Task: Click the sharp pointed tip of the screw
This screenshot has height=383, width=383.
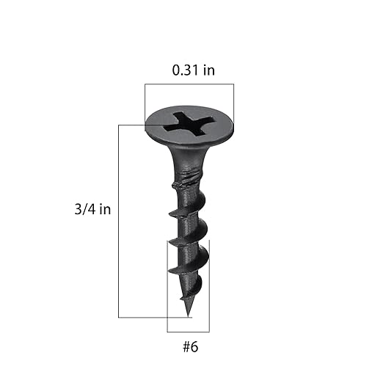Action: [188, 315]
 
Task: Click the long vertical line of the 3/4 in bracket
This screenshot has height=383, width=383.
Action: [118, 220]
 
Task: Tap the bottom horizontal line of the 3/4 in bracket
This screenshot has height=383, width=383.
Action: [150, 317]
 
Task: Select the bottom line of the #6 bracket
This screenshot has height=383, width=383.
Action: [188, 332]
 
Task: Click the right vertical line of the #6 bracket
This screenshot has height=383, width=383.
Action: [209, 286]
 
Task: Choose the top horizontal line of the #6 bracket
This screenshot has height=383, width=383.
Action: [188, 240]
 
